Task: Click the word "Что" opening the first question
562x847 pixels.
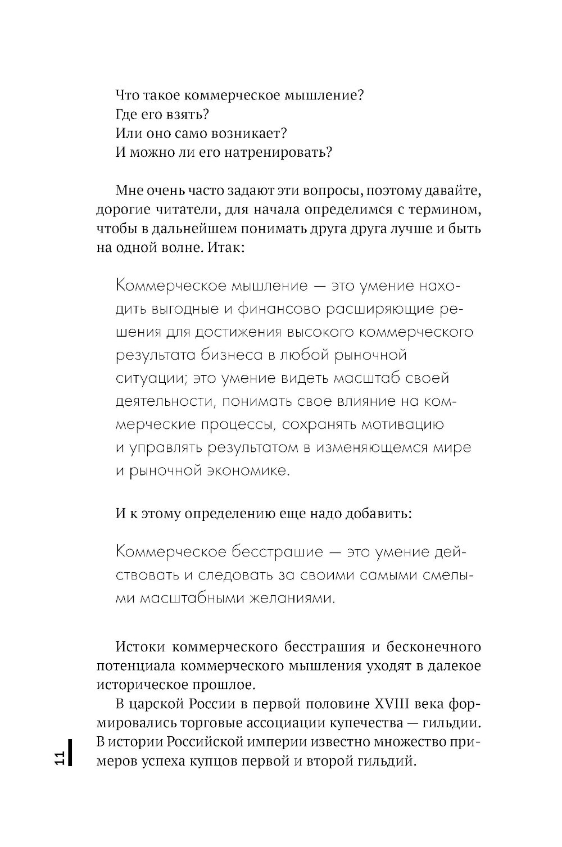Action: pos(126,95)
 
